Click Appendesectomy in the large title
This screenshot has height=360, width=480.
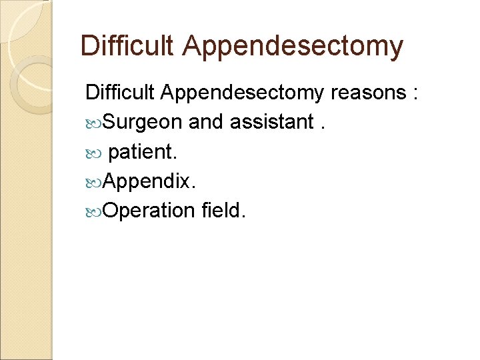[x=293, y=47]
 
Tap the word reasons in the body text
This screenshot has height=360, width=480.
[x=367, y=93]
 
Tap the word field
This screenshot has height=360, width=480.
[x=223, y=211]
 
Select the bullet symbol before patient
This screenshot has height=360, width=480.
[x=94, y=153]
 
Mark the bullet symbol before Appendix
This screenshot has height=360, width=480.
[x=94, y=182]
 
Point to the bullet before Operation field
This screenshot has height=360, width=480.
[x=94, y=211]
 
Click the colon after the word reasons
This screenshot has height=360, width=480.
[x=415, y=94]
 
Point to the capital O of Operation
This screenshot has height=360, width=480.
[x=112, y=211]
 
